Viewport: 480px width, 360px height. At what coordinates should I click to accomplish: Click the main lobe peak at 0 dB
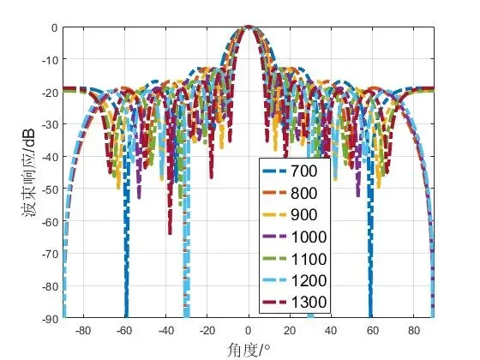click(249, 27)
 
